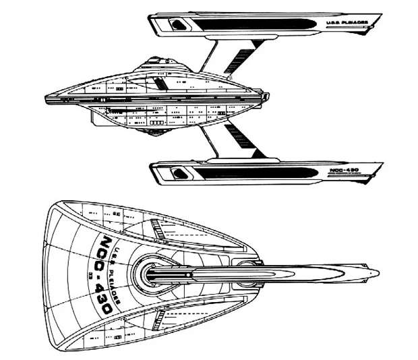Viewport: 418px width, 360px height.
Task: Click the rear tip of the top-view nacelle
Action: (x=378, y=274)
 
